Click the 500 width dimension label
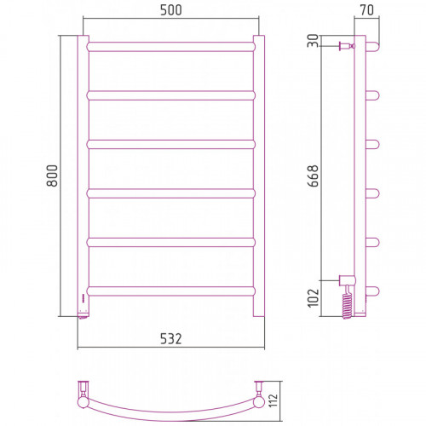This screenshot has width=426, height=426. pyautogui.click(x=171, y=10)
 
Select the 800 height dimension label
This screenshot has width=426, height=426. pyautogui.click(x=52, y=176)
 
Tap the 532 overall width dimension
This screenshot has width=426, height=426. pyautogui.click(x=170, y=339)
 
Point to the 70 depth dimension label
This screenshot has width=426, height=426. pyautogui.click(x=367, y=10)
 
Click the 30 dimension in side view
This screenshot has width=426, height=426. pyautogui.click(x=314, y=41)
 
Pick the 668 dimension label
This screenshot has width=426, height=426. pyautogui.click(x=314, y=176)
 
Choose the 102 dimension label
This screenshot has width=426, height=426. pyautogui.click(x=314, y=298)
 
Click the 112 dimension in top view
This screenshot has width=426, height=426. pyautogui.click(x=273, y=400)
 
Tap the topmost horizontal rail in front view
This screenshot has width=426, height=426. pyautogui.click(x=171, y=47)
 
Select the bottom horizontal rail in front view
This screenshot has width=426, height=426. pyautogui.click(x=171, y=291)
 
